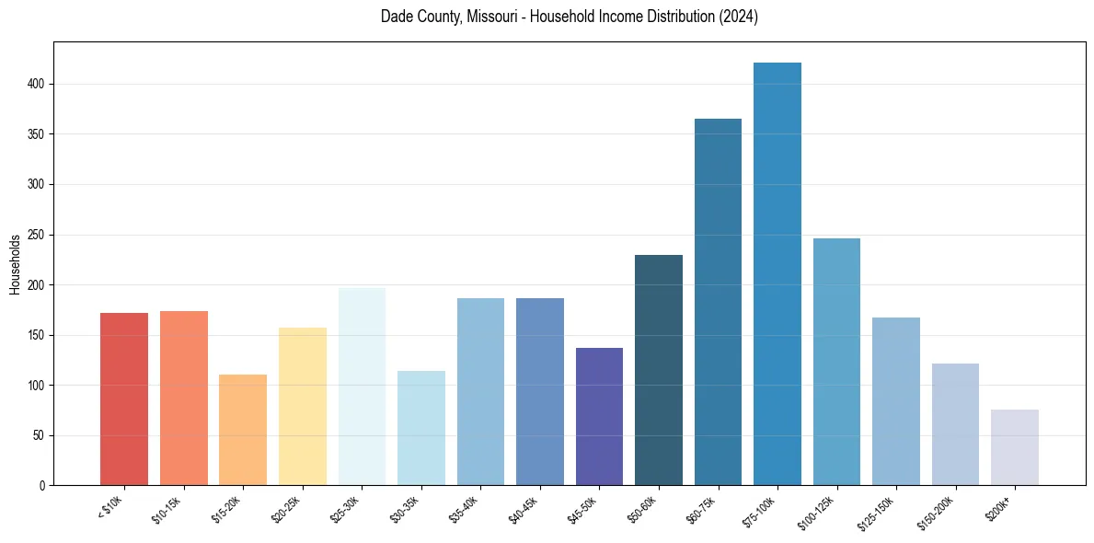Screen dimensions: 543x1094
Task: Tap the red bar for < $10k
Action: click(x=124, y=399)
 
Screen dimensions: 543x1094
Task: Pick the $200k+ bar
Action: click(x=1014, y=447)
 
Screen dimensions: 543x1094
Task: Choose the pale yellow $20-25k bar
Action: click(x=302, y=406)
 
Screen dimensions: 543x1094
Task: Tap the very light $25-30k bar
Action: click(x=362, y=387)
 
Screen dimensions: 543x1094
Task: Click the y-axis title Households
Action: click(x=16, y=264)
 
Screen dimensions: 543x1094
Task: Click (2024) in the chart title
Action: click(x=739, y=17)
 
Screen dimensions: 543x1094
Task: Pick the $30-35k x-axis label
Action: click(x=406, y=510)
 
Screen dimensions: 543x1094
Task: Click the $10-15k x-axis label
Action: click(x=167, y=510)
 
